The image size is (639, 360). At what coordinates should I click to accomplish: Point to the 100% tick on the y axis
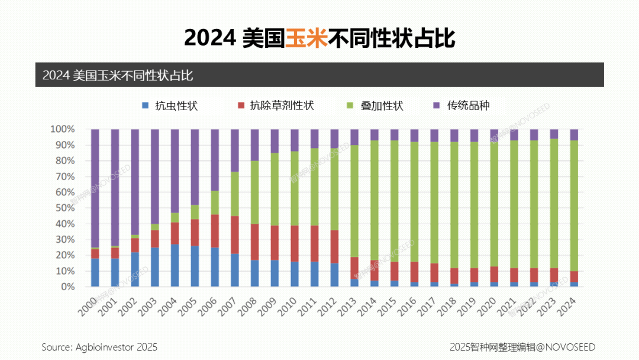point(62,129)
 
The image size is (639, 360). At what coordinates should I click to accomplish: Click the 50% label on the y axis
point(64,208)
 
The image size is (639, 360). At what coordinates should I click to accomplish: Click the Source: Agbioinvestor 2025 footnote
point(99,347)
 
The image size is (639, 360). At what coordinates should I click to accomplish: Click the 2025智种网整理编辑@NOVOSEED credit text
point(522,347)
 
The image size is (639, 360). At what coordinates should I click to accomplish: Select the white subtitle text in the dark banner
point(118,75)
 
